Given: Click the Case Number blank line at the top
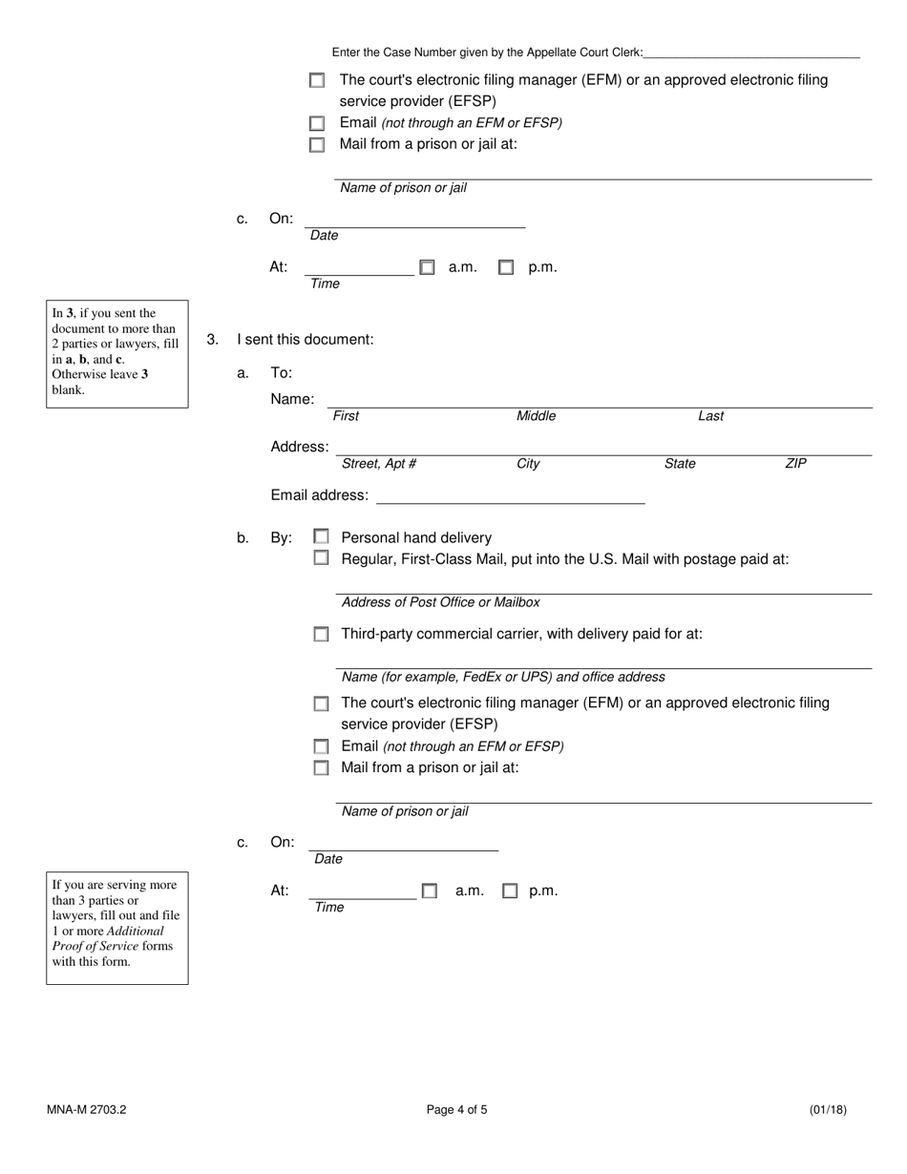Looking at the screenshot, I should [x=751, y=52].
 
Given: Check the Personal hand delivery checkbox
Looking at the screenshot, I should [x=322, y=537].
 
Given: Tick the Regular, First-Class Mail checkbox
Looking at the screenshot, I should [x=322, y=558].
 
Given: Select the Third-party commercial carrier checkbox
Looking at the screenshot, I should [x=322, y=634].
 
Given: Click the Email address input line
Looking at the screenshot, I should [x=511, y=497].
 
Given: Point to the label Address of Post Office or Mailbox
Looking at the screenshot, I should [x=440, y=602].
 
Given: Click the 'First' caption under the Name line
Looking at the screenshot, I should [x=346, y=416].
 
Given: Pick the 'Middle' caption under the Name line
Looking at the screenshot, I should [x=536, y=416].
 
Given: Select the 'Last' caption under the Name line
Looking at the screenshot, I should [x=710, y=416].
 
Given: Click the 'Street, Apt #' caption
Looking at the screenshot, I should [x=378, y=464].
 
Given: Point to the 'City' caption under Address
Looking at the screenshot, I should [x=528, y=464].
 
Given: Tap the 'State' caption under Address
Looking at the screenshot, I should [x=680, y=464].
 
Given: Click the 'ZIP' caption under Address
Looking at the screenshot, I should [x=795, y=464].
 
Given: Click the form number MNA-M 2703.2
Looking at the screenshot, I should [x=86, y=1110].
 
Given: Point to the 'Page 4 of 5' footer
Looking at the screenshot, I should [x=456, y=1110].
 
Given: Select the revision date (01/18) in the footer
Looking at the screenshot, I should [x=827, y=1110].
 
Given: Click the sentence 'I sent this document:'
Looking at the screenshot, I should [x=306, y=340].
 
